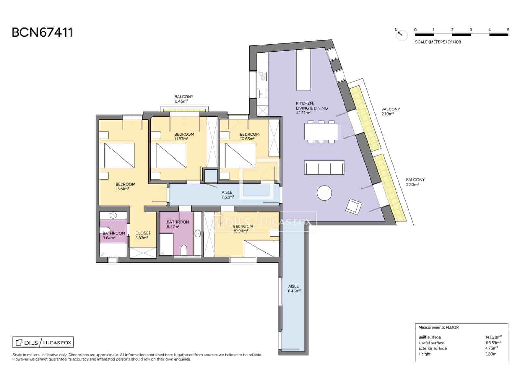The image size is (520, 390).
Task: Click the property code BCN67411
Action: (42, 32)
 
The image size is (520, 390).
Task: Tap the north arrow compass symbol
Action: (402, 34)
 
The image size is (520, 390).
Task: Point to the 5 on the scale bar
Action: (508, 30)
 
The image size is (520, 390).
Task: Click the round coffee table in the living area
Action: (324, 193)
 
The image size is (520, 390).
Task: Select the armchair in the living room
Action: (354, 207)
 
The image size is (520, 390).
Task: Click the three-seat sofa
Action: (324, 168)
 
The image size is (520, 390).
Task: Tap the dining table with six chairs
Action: (321, 132)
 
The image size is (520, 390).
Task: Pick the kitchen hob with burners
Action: (263, 76)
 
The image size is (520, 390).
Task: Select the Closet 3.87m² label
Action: (143, 235)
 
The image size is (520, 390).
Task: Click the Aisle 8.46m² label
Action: (294, 289)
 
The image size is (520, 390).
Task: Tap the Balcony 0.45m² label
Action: (184, 99)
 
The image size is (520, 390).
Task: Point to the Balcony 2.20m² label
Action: (415, 182)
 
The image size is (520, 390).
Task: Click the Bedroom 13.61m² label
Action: (125, 186)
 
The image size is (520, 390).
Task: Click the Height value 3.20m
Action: (490, 354)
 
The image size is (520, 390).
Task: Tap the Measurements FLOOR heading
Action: (438, 327)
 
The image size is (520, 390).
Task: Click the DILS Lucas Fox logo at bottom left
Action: (43, 342)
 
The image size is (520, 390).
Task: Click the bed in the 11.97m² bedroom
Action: (171, 155)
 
